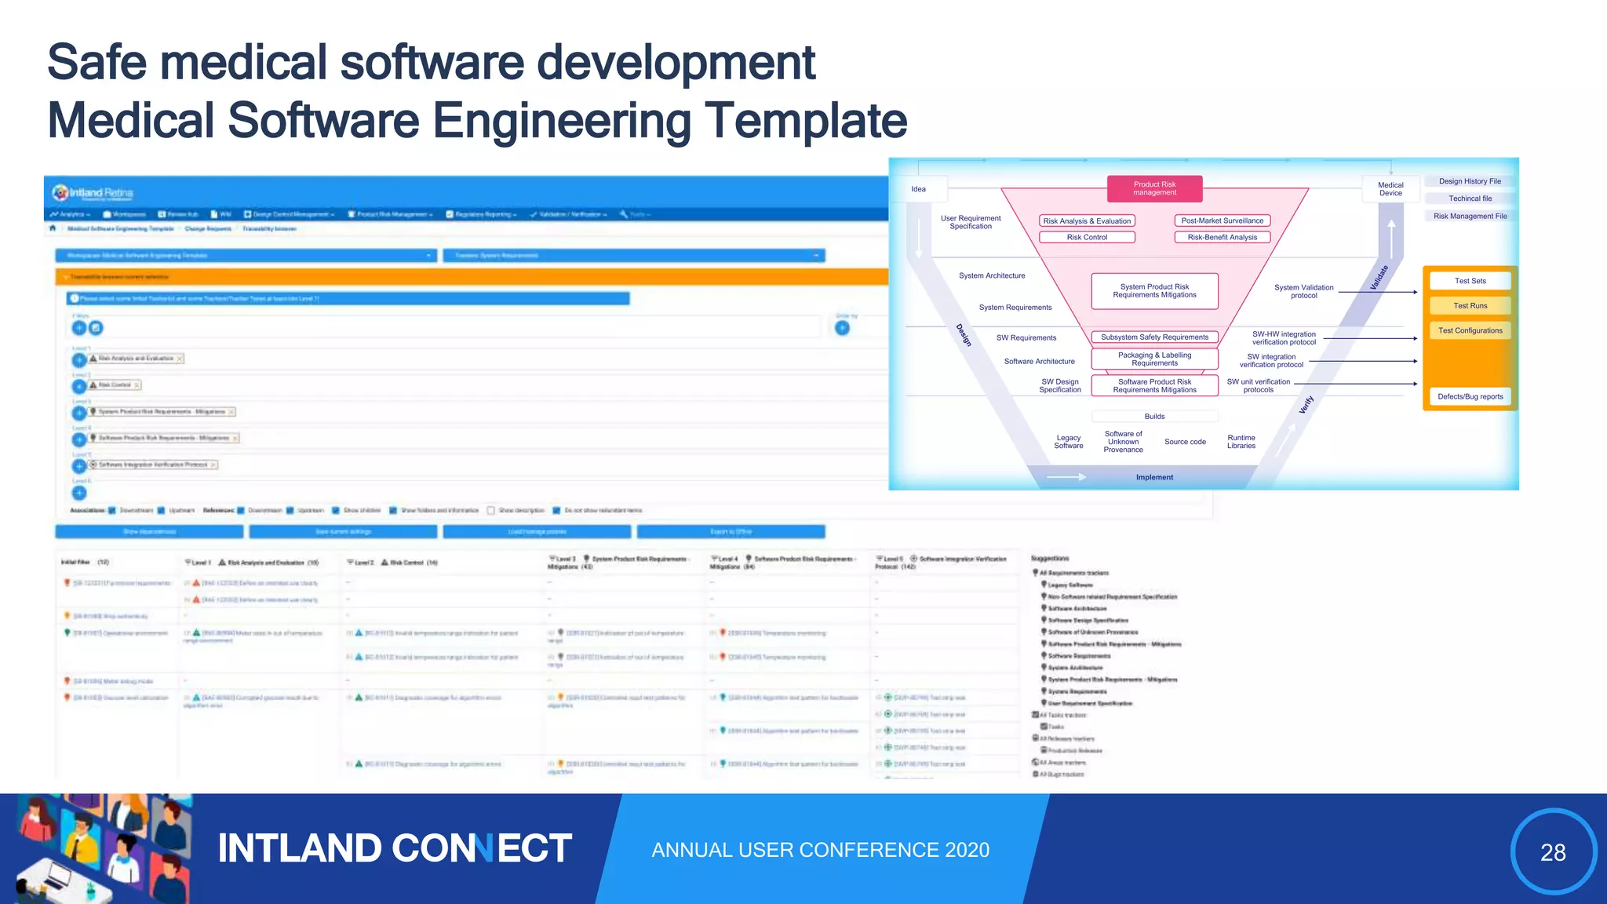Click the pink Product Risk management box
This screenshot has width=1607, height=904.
pos(1154,188)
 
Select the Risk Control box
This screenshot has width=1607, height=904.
pos(1087,237)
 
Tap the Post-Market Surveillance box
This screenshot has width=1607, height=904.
pos(1222,221)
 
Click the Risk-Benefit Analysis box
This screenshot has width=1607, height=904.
pos(1222,237)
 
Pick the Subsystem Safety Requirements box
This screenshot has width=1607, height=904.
pos(1154,337)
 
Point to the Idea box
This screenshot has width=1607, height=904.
pos(919,189)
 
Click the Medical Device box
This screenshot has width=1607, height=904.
pos(1390,189)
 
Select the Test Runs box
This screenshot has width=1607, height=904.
pos(1470,306)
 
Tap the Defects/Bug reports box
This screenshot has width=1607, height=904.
pos(1470,396)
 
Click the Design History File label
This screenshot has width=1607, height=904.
pos(1470,181)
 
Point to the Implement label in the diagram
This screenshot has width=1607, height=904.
pos(1154,477)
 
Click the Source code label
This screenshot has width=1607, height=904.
pos(1185,442)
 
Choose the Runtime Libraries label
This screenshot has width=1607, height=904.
pos(1241,442)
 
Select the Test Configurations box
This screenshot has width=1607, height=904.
pos(1470,330)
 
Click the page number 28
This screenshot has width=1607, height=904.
pos(1553,852)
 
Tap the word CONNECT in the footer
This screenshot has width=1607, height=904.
pos(481,848)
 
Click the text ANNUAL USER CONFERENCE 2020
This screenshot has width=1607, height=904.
pos(820,850)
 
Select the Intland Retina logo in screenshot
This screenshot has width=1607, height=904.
pos(93,193)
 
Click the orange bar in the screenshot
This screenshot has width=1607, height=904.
pos(471,277)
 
